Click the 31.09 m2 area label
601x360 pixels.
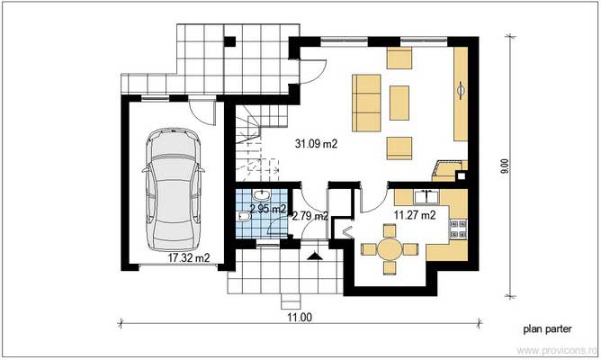coord(316,144)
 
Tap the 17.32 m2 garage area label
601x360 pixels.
coord(189,257)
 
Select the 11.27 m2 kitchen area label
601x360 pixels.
coord(415,215)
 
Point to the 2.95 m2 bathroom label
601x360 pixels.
coord(268,209)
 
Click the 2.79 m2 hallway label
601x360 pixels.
coord(310,216)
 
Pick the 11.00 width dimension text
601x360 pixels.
coord(300,318)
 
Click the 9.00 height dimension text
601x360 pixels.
coord(506,166)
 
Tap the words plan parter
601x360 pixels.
coord(547,328)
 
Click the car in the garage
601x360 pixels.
coord(174,190)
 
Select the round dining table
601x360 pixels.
coord(390,249)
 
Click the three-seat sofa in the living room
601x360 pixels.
coord(366,103)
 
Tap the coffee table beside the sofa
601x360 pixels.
coord(399,103)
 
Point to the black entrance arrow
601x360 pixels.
coord(315,256)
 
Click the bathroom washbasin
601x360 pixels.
coord(262,195)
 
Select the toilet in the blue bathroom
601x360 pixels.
coord(244,218)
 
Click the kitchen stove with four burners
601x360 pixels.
coord(458,229)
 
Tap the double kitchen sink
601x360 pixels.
coord(426,197)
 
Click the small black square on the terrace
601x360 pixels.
coord(229,41)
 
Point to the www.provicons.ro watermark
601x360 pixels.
coord(557,350)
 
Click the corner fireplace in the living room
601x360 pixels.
coord(449,170)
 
